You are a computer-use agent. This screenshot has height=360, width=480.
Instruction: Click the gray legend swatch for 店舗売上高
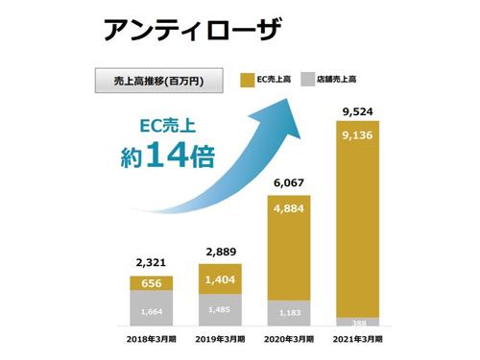click(x=309, y=79)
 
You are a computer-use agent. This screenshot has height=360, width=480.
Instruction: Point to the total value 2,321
click(x=151, y=261)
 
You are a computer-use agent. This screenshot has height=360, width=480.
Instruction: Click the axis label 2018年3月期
click(x=151, y=341)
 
